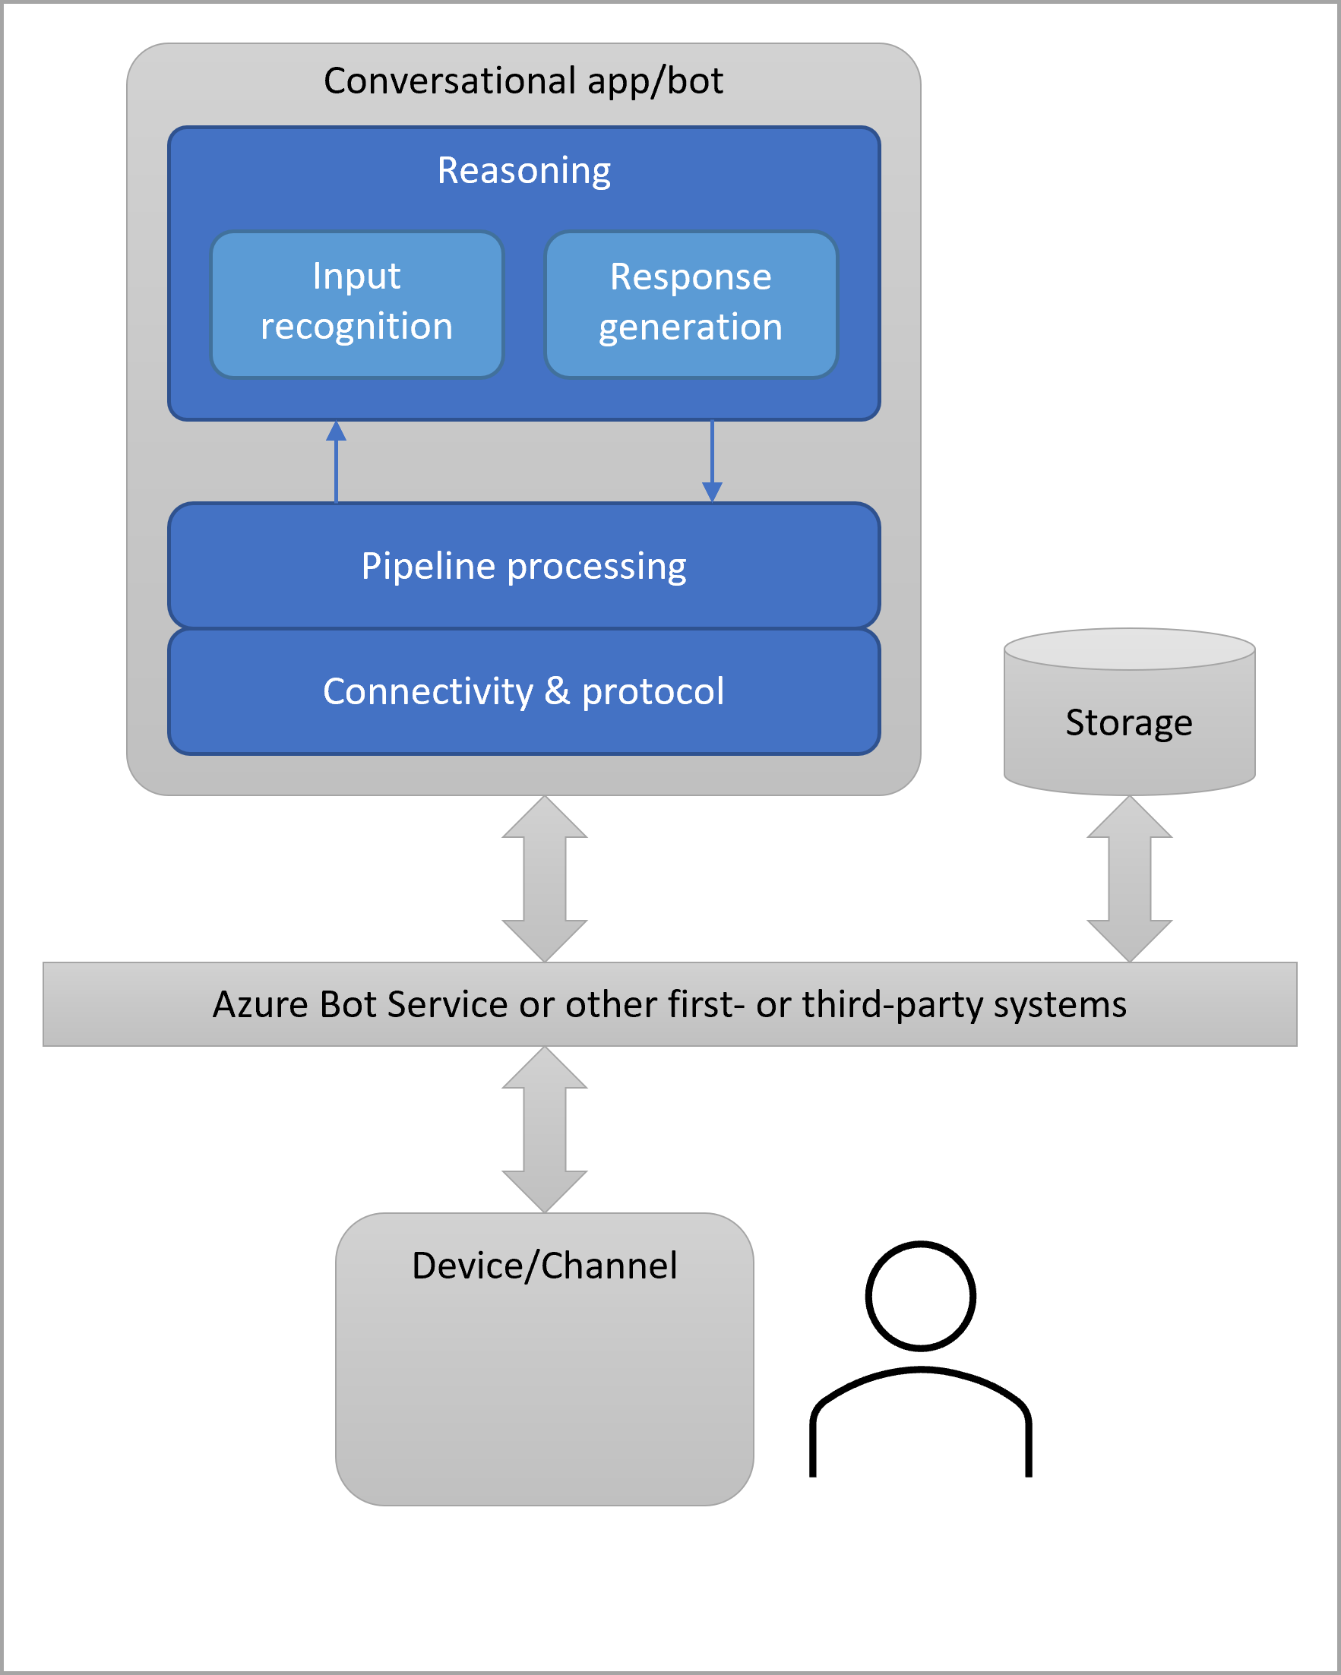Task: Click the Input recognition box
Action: pyautogui.click(x=356, y=305)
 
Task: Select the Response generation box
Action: pyautogui.click(x=691, y=305)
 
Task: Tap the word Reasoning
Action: pyautogui.click(x=523, y=170)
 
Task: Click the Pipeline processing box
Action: pyautogui.click(x=523, y=566)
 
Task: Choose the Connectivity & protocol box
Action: pyautogui.click(x=523, y=691)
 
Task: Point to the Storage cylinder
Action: pyautogui.click(x=1129, y=722)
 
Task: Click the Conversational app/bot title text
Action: pyautogui.click(x=523, y=81)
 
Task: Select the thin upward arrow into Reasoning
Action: pyautogui.click(x=336, y=463)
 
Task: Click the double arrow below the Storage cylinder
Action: pyautogui.click(x=1129, y=879)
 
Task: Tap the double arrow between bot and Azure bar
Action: pyautogui.click(x=545, y=879)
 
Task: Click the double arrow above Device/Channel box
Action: pyautogui.click(x=545, y=1129)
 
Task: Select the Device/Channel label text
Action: pyautogui.click(x=544, y=1266)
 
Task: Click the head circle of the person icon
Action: pyautogui.click(x=921, y=1296)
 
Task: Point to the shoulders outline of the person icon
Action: pyautogui.click(x=921, y=1391)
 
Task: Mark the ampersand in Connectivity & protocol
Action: pyautogui.click(x=557, y=691)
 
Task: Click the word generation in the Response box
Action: pyautogui.click(x=691, y=327)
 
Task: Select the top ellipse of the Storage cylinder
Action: pyautogui.click(x=1129, y=649)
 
